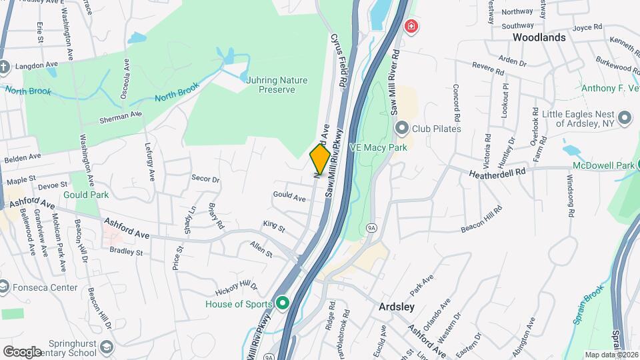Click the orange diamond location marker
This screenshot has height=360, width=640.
coord(320,159)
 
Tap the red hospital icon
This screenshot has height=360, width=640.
coord(412,27)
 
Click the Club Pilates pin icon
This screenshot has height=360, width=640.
coord(401,127)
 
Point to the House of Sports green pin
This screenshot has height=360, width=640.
coord(282,304)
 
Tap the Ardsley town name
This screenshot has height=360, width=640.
coord(396,307)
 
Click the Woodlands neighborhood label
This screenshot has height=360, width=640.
coord(539,37)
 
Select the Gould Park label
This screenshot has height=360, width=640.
coord(86,195)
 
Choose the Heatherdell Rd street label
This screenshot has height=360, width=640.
coord(497,171)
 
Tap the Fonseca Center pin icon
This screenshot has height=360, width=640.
coord(3,287)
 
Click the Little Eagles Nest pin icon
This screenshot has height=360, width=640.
coord(624,118)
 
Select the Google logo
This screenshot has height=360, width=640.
coord(22,351)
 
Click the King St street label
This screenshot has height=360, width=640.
coord(273,227)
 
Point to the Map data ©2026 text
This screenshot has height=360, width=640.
coord(611,355)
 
